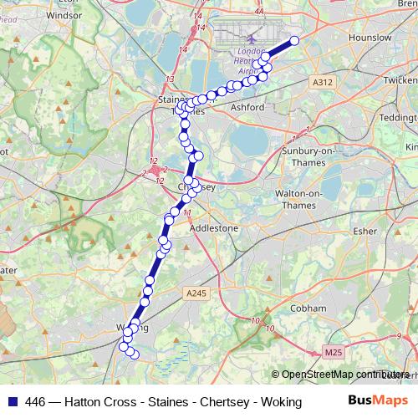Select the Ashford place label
(247, 108)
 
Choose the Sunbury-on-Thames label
(305, 150)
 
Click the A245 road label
(196, 292)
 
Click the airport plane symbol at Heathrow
(252, 38)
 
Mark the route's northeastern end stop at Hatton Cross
(294, 40)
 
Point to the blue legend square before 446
(11, 402)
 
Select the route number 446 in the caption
(36, 402)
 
